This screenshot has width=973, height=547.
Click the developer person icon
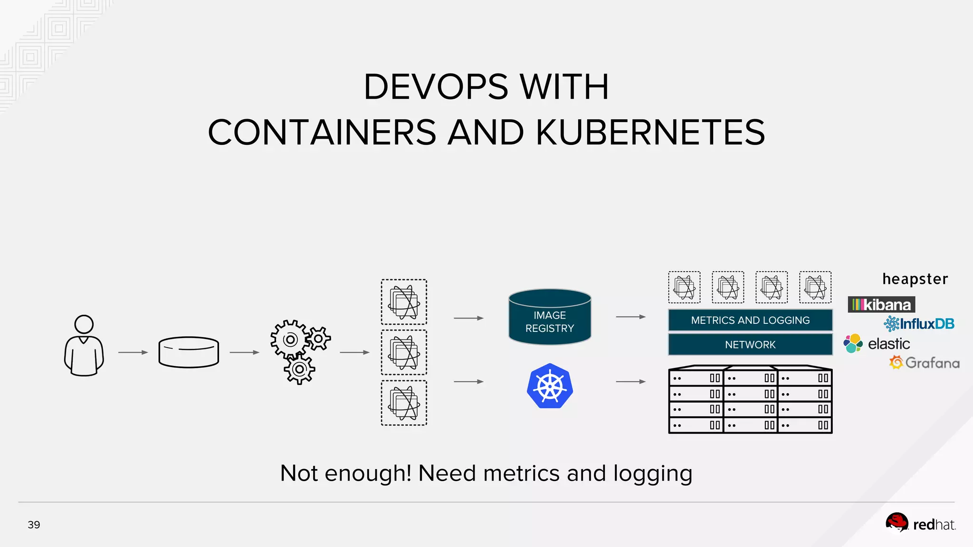click(x=84, y=346)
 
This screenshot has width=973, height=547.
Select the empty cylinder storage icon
click(x=189, y=352)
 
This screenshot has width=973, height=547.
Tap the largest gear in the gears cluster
click(x=290, y=339)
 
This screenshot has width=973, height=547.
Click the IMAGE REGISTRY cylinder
click(x=550, y=317)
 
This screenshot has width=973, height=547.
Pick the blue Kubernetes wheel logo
click(x=550, y=386)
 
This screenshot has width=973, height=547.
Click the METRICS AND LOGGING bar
click(x=750, y=320)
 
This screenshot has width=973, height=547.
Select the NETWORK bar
click(x=750, y=344)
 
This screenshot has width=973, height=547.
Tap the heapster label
click(x=915, y=279)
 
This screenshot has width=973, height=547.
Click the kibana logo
click(x=881, y=304)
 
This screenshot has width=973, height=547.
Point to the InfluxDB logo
click(x=919, y=324)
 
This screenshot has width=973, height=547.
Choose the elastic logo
click(x=877, y=343)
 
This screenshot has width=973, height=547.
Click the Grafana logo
click(x=924, y=363)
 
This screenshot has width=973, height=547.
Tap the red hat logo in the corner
click(x=920, y=524)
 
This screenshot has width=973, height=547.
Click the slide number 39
click(x=34, y=525)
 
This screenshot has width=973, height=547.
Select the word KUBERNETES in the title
click(x=650, y=132)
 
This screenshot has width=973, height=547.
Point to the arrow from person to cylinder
click(x=133, y=352)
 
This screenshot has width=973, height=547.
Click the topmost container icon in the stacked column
click(x=404, y=302)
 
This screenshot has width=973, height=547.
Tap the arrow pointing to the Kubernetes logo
click(x=468, y=381)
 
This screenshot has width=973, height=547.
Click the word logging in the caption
click(x=652, y=473)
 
